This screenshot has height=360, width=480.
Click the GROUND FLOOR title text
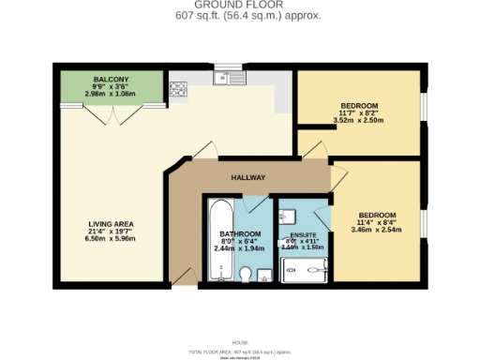pos(239,6)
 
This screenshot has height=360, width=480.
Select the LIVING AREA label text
pos(112,223)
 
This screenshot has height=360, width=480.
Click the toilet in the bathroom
pos(246,273)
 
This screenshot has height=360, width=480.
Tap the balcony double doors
pos(112,114)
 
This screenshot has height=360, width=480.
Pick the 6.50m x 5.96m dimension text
pos(112,239)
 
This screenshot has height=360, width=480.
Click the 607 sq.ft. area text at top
pos(239,16)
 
